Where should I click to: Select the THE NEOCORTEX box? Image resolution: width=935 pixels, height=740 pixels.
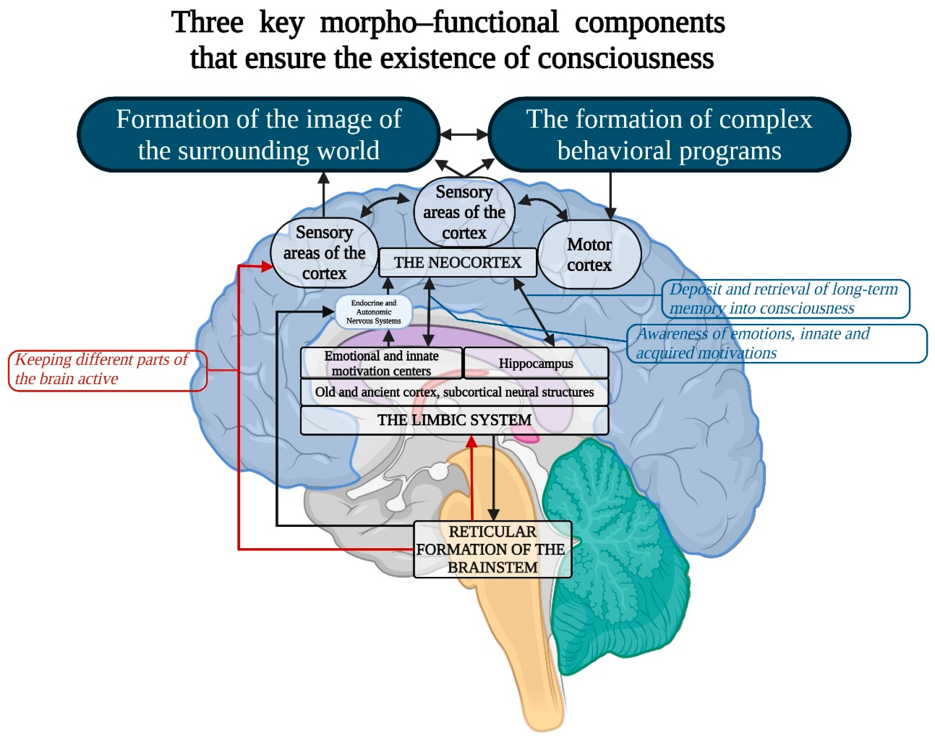point(457,263)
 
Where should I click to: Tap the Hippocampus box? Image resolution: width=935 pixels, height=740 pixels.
point(536,363)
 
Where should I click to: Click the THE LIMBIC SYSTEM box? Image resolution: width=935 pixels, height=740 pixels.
point(454,420)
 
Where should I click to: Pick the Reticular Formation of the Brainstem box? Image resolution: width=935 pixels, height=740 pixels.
point(492,549)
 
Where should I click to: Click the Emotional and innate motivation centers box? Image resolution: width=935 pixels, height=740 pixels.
point(381,363)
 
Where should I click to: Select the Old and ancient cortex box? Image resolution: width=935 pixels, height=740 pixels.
point(454,392)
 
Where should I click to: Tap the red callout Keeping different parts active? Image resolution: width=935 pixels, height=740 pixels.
point(107,370)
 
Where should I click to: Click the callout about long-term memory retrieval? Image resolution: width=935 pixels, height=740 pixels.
point(785,298)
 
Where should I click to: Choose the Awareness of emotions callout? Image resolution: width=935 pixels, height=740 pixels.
point(776,343)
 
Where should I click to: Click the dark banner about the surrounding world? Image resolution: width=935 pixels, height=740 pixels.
point(259,134)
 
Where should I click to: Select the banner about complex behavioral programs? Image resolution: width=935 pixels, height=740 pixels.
point(669,134)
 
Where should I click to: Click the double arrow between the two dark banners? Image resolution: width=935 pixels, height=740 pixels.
point(464,134)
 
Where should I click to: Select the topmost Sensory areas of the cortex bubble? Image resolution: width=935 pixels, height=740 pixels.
point(464,212)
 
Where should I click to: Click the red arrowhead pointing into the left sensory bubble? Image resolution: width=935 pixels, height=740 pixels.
point(267,266)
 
